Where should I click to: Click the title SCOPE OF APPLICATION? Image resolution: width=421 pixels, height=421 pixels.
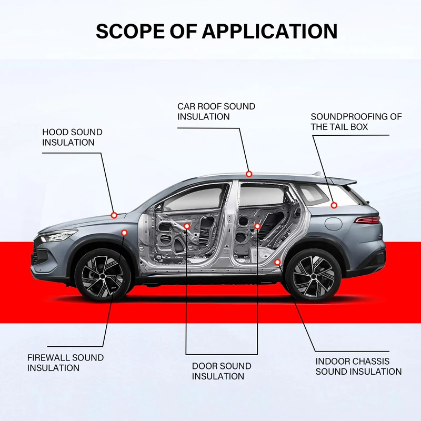click(216, 31)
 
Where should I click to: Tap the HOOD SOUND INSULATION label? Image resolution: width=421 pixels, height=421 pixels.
click(72, 137)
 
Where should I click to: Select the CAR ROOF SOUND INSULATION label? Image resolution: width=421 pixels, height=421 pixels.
click(216, 111)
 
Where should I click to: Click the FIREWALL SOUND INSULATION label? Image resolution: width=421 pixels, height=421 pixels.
click(65, 363)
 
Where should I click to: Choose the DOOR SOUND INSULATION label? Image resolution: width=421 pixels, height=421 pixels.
click(222, 371)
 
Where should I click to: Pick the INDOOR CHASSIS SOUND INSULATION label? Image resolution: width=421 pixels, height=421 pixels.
click(358, 366)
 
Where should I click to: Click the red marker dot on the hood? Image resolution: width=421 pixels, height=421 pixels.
click(114, 215)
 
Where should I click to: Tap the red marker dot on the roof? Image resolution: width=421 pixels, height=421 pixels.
click(249, 174)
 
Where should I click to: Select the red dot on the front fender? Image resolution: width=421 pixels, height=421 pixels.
click(124, 232)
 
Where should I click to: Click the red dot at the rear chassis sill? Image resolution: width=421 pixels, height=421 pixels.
click(277, 262)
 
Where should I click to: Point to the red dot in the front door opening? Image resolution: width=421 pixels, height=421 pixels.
click(187, 226)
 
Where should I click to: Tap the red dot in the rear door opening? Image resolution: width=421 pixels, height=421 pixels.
click(257, 226)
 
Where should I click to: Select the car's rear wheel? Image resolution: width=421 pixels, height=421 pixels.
click(313, 275)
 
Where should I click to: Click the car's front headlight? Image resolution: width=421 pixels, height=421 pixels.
click(58, 235)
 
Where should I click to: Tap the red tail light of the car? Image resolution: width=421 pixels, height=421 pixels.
click(367, 219)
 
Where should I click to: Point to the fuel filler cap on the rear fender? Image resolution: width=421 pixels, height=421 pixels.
click(334, 223)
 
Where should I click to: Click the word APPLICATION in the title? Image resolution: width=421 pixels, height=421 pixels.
click(269, 31)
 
